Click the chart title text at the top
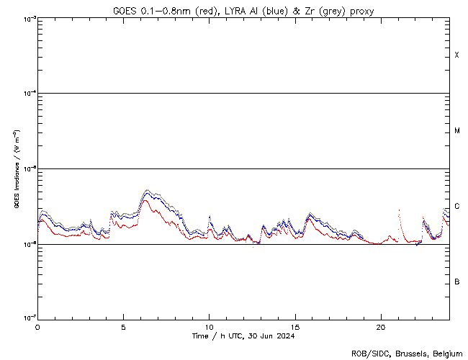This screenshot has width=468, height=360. (243, 11)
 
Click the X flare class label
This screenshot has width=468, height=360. (457, 55)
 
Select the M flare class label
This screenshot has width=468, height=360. (457, 131)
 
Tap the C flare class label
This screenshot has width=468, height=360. (457, 206)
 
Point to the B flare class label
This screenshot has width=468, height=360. (457, 282)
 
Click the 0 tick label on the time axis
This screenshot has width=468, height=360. (37, 326)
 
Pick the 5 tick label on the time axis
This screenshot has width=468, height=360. (123, 326)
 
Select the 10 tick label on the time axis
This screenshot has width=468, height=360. (209, 326)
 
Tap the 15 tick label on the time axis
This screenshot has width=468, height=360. (295, 326)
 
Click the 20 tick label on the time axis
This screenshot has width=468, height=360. (381, 326)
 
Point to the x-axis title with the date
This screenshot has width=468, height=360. (243, 336)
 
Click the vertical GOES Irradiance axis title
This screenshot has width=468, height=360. (16, 168)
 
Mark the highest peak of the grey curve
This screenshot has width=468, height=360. (147, 190)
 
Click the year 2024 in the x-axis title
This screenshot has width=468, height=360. (285, 336)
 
